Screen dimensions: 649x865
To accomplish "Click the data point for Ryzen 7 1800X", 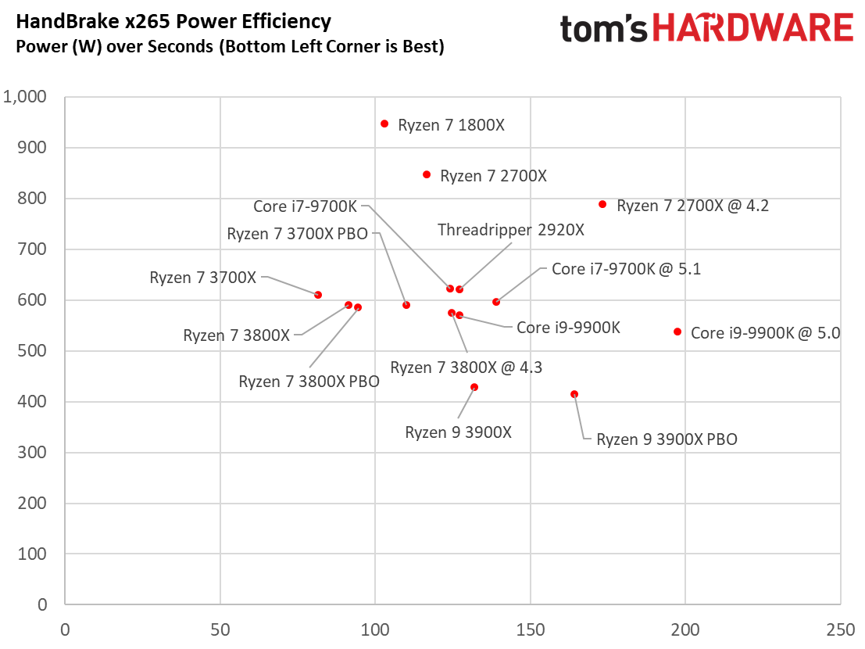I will click(384, 124).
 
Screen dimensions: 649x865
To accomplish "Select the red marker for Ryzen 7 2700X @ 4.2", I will click(602, 204).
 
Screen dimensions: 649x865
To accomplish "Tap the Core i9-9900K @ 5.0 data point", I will click(677, 332).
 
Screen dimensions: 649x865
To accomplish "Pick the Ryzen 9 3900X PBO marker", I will click(574, 394).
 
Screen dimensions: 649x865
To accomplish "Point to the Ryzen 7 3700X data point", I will click(318, 295).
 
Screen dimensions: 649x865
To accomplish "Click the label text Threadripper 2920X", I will click(510, 230).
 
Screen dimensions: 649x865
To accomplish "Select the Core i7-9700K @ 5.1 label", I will click(626, 269).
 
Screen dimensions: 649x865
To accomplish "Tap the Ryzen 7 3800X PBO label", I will click(309, 382).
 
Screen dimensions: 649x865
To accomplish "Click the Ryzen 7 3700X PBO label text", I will click(297, 234).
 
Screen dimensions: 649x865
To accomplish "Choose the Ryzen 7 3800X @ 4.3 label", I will click(466, 368).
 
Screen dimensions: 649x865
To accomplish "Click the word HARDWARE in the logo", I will click(752, 28).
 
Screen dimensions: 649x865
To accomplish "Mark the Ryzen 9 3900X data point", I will click(474, 387).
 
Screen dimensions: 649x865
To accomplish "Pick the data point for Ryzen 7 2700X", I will click(427, 174).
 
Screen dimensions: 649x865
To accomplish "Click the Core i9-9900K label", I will click(568, 328).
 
